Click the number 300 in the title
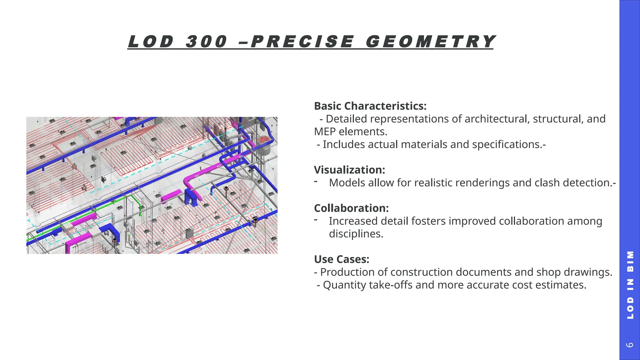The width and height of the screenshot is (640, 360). (207, 42)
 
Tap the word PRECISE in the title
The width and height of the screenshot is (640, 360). (302, 42)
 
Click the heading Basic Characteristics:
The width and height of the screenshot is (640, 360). (370, 106)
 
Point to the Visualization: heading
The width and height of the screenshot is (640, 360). (349, 170)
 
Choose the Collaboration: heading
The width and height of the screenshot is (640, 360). (351, 208)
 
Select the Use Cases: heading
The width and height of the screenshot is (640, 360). (342, 259)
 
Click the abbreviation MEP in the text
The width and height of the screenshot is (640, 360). (325, 132)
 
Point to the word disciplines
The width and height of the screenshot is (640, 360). (356, 234)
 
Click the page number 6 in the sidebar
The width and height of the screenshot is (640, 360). (630, 345)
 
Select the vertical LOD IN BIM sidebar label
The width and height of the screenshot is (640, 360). (630, 285)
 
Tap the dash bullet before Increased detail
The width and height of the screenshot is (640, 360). (316, 220)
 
